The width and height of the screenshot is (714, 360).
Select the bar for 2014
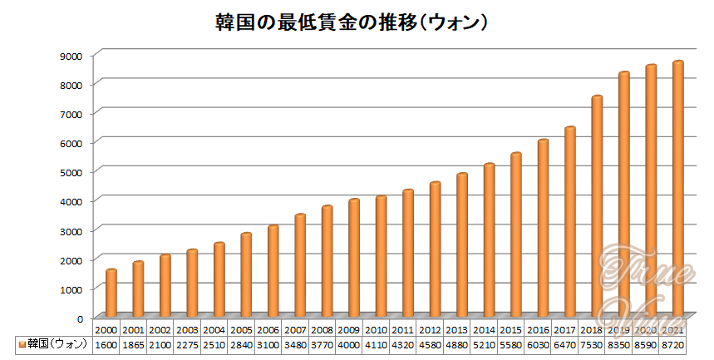(489, 240)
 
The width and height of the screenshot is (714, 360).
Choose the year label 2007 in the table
(296, 330)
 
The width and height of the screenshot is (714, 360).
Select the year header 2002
(160, 330)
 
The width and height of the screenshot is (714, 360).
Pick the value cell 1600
(106, 344)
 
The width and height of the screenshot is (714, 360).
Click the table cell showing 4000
(349, 344)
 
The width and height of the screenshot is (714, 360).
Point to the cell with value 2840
(242, 344)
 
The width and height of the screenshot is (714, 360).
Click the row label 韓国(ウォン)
(57, 344)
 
